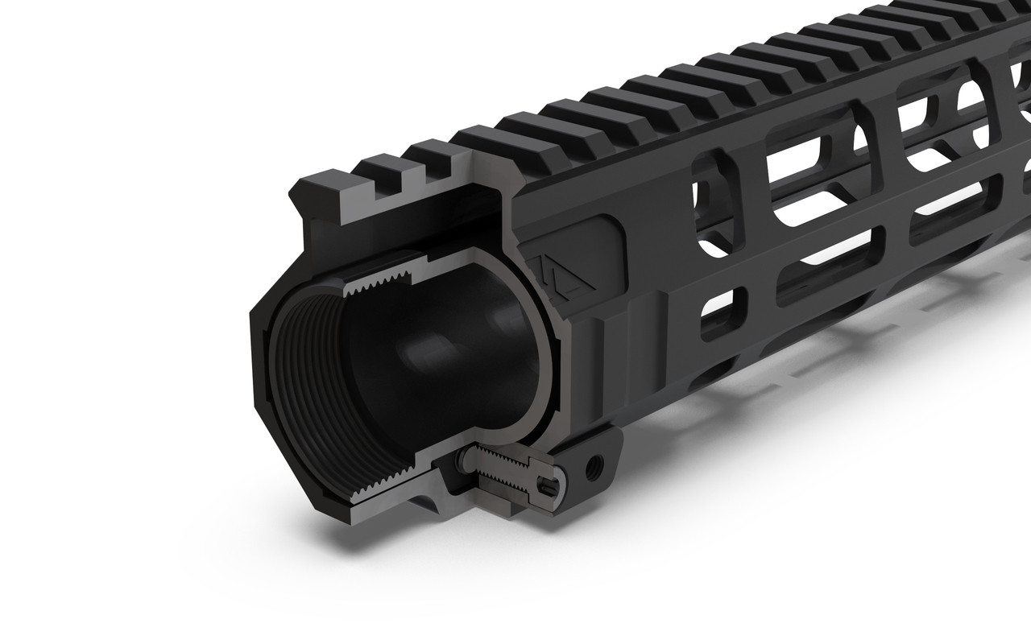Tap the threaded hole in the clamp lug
[x=596, y=462]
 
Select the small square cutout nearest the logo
[x=721, y=313]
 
